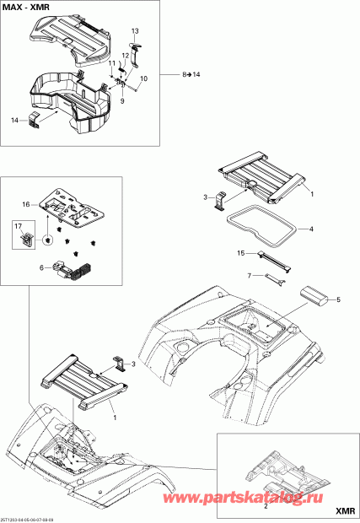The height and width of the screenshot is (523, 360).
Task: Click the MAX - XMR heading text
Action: tap(30, 8)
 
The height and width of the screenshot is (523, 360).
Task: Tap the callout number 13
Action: tap(134, 30)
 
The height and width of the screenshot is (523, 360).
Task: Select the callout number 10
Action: tap(142, 78)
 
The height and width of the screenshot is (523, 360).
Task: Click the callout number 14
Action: tap(14, 121)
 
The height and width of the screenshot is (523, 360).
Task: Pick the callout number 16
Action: tap(26, 205)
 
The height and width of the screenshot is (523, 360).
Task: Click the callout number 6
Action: tap(41, 268)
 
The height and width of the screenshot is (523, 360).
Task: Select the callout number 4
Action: tap(311, 229)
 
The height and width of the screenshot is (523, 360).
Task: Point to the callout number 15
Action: tap(240, 253)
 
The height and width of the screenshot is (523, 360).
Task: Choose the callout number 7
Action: tap(249, 276)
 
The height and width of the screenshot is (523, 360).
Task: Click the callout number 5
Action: tap(340, 299)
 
